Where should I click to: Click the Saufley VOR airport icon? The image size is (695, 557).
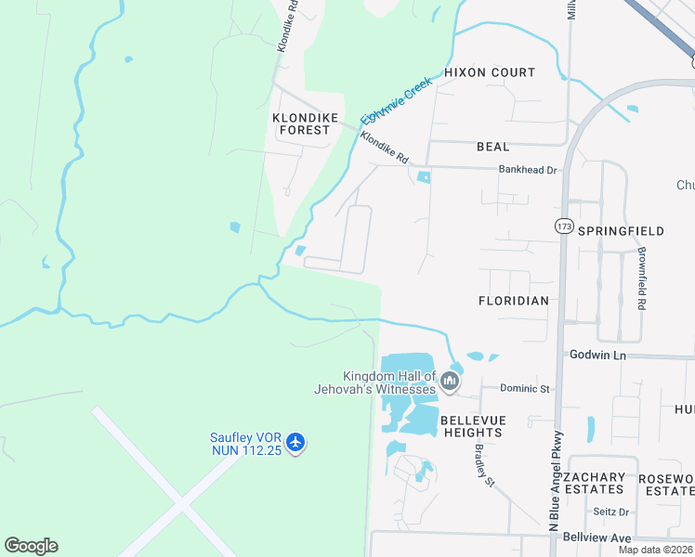(x=295, y=442)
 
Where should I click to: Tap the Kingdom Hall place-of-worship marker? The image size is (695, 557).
(x=450, y=382)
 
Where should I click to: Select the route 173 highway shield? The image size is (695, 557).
(x=563, y=226)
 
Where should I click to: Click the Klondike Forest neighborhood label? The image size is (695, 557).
(x=301, y=123)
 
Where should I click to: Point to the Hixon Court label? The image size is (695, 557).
(x=490, y=72)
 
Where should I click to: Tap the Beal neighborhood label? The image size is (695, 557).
(x=492, y=147)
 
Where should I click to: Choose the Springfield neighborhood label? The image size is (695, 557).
(x=621, y=230)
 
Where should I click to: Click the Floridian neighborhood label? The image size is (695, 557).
(x=514, y=301)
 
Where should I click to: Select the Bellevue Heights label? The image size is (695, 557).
(x=473, y=427)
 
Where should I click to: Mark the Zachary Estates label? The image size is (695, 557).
(x=595, y=483)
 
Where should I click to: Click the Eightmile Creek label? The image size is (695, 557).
(x=397, y=100)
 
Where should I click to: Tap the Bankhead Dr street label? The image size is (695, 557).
(x=527, y=170)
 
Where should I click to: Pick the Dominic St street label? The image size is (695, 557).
(x=525, y=388)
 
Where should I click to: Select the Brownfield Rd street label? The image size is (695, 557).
(x=641, y=278)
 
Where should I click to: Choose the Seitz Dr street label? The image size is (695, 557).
(x=611, y=512)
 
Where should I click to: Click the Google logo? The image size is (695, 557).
(x=31, y=546)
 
